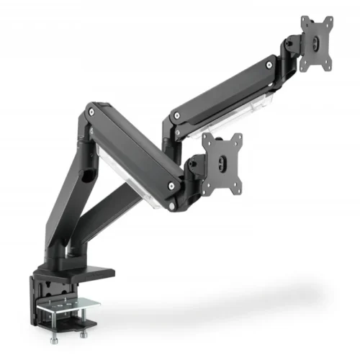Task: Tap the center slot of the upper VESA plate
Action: [317, 42]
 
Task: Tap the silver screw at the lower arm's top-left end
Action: [91, 113]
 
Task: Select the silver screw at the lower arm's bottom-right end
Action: [172, 186]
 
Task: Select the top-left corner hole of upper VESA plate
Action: [303, 20]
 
